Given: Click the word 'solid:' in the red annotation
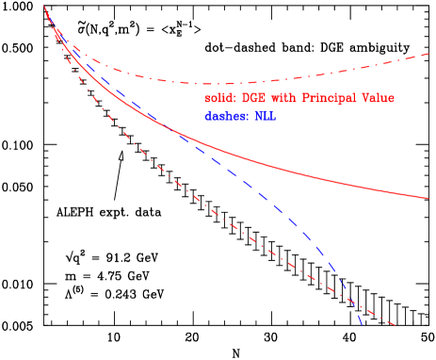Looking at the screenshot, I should pos(220,99).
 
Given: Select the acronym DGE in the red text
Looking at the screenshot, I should pos(258,99).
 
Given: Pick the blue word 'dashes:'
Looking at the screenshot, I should pos(224,117).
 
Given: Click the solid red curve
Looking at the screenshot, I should pos(283,163).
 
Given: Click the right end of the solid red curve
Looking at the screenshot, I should pos(429,198).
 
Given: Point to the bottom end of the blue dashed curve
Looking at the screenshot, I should pos(362,326).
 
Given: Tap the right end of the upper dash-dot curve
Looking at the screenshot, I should pos(429,54).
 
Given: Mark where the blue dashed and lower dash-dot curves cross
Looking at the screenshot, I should pos(351,302).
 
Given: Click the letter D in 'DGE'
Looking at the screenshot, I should pos(249,99).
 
